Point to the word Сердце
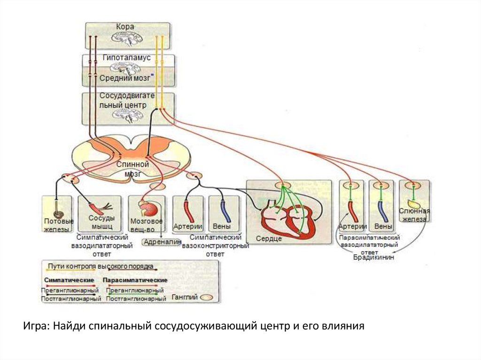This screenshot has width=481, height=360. point(269,239)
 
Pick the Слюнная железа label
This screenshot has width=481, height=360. point(414,215)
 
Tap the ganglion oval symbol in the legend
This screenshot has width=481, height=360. point(207,298)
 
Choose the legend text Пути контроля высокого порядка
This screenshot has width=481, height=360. point(101,266)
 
